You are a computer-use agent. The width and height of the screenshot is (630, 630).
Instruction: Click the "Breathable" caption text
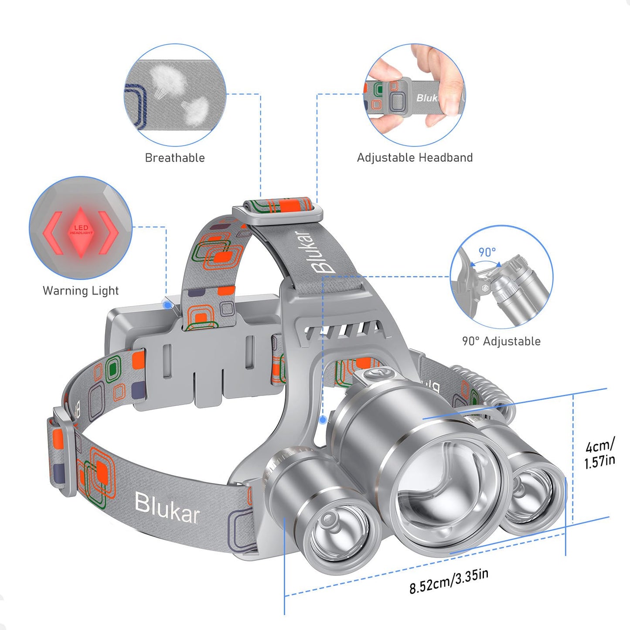pos(174,158)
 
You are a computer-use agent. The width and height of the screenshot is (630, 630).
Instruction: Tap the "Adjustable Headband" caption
pos(415,158)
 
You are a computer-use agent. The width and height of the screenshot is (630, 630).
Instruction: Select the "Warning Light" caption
pos(81,291)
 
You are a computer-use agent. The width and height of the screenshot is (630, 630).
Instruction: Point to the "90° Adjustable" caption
pos(501,341)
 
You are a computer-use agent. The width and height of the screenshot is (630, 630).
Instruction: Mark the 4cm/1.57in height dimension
pos(599,453)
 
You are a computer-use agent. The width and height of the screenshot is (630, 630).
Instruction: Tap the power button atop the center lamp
pos(374,374)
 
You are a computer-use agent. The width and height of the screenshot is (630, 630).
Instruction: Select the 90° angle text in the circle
pos(487,252)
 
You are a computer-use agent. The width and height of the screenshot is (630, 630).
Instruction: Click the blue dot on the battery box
pos(167,305)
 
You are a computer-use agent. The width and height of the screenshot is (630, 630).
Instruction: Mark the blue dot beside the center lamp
pos(323,420)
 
